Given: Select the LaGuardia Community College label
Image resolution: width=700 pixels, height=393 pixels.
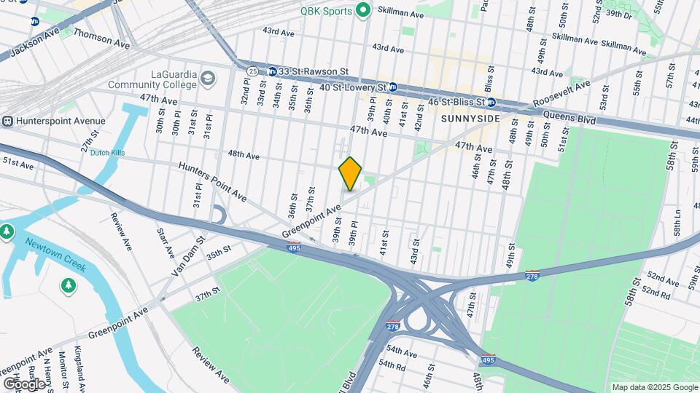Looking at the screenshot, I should pos(153,80).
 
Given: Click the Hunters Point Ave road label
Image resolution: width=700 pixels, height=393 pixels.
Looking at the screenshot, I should pos(213,181).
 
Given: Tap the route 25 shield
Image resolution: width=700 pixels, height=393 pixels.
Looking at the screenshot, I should pos(252,71).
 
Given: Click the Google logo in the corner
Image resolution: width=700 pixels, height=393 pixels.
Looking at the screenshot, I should pos(24,384).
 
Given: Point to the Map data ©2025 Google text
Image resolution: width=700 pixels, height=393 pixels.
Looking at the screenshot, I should pos(654,387).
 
